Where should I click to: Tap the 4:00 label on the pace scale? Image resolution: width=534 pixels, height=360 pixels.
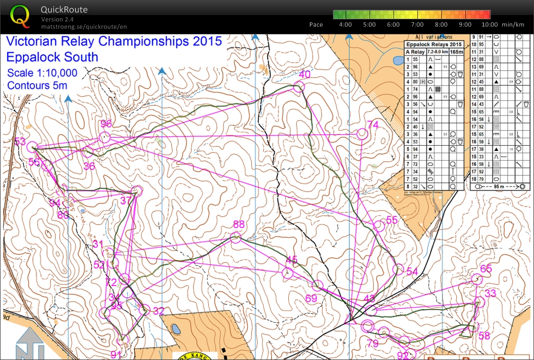345,24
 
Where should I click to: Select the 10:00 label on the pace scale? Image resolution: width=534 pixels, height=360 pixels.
489,24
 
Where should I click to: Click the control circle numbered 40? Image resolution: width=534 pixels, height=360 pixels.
299,87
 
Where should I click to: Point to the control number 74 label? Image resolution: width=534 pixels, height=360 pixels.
373,124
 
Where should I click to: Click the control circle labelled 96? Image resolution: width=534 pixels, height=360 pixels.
105,137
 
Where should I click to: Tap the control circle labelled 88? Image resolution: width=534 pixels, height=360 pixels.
235,238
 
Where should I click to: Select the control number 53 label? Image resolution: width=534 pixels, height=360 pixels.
20,142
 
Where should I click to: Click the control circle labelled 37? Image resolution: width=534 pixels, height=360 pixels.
137,191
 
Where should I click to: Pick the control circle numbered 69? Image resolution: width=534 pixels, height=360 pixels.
317,285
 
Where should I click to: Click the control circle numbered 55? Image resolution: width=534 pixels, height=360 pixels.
379,226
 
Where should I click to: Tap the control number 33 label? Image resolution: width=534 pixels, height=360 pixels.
490,293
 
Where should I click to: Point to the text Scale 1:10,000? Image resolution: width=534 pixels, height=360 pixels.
42,73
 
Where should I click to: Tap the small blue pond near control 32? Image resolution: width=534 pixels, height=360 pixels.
176,329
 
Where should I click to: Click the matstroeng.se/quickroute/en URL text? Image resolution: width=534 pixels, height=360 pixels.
84,27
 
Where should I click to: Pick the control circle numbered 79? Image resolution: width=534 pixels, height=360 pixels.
367,327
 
